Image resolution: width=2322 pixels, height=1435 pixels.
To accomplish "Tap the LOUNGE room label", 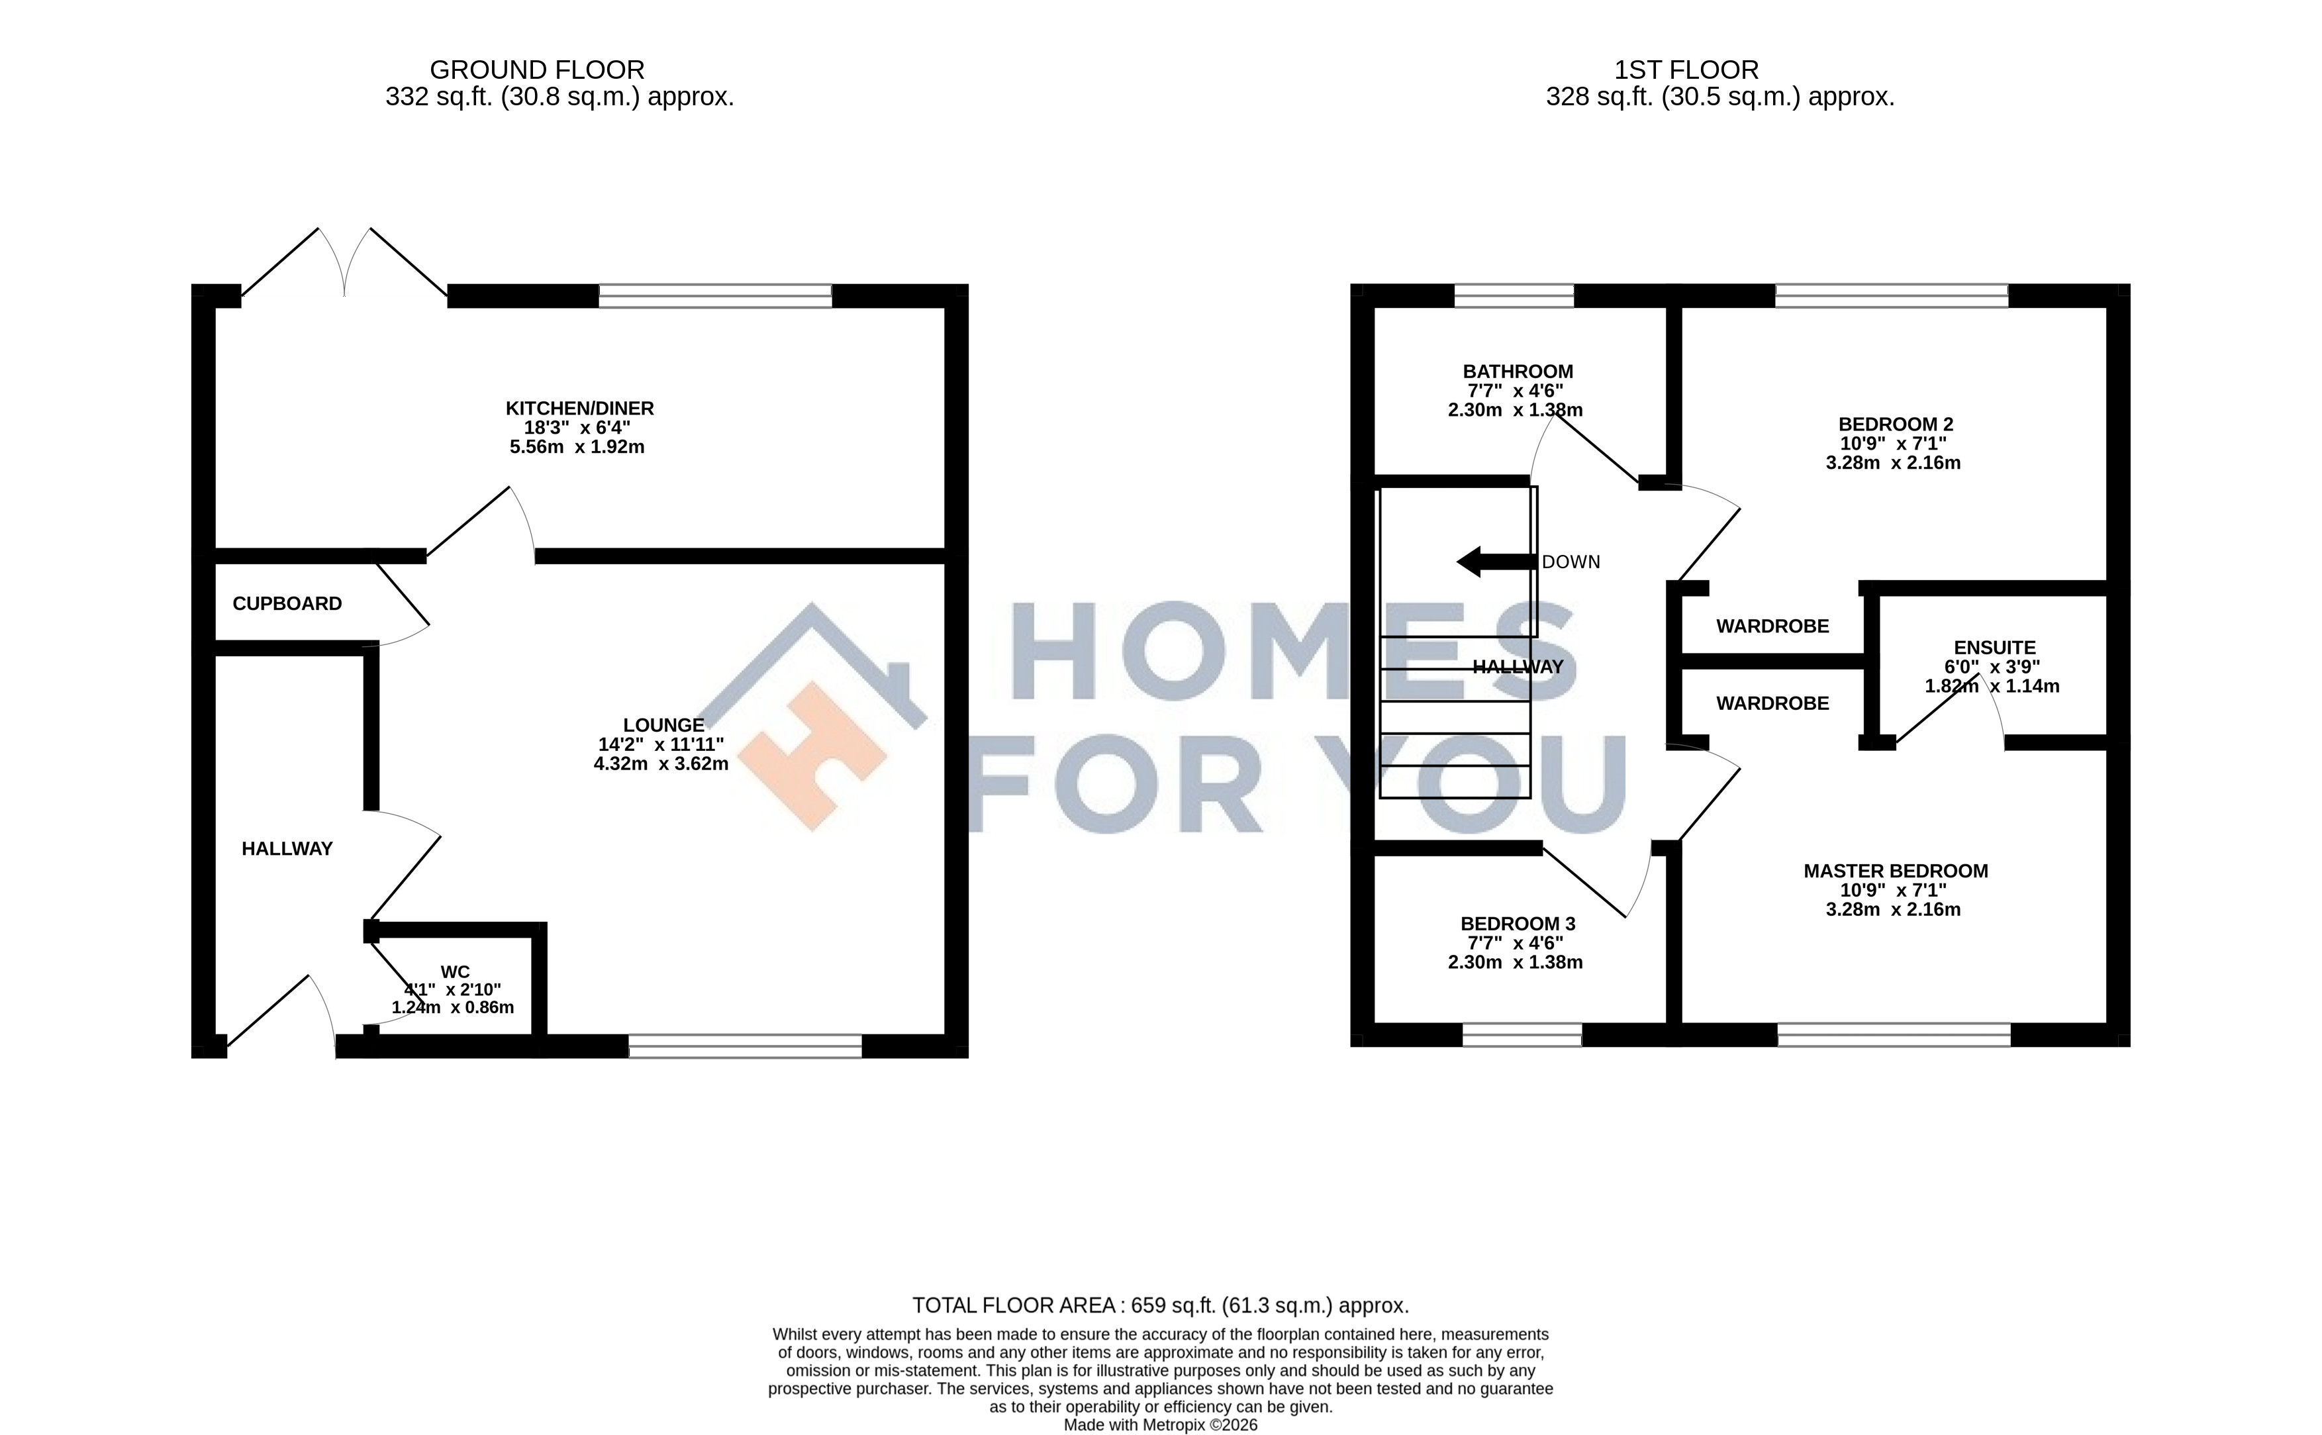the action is click(x=663, y=726).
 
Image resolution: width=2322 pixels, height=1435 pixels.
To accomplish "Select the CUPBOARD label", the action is click(x=287, y=604).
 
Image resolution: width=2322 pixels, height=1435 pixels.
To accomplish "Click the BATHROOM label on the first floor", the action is click(x=1518, y=372).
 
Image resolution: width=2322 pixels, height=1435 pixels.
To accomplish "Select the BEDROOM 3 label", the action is click(x=1518, y=924).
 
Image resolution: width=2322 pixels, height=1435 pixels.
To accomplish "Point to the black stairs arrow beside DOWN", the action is click(x=1496, y=561).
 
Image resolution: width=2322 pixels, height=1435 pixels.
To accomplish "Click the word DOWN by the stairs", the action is click(x=1571, y=562).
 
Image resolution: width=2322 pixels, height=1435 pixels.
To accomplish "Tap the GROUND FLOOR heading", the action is click(x=537, y=70).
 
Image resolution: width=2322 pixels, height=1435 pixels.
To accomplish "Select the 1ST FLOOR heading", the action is click(x=1686, y=70).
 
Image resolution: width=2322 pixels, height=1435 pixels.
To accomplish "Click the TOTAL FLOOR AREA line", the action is click(x=1161, y=1305).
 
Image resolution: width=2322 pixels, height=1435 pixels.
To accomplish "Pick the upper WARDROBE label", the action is click(x=1772, y=626).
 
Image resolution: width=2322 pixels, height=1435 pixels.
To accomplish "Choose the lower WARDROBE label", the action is click(x=1772, y=703).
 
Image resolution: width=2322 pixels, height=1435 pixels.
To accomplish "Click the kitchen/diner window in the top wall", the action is click(x=716, y=296).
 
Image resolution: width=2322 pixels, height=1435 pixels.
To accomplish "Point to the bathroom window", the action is click(x=1514, y=296).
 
